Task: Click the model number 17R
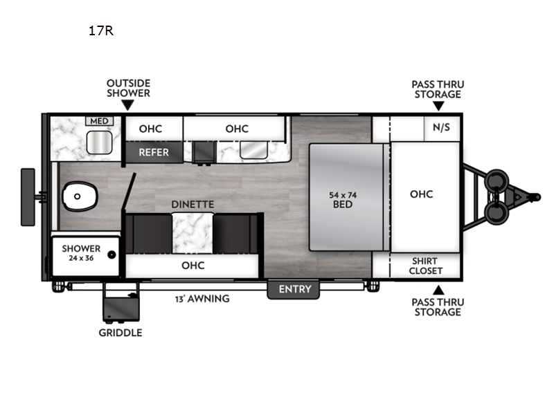[x=101, y=31]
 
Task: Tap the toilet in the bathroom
[x=80, y=196]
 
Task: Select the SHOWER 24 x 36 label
[x=81, y=253]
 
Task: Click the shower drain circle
[x=111, y=255]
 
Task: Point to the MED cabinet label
[x=99, y=121]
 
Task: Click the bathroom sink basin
[x=99, y=142]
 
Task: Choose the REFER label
[x=154, y=152]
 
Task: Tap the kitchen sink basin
[x=253, y=150]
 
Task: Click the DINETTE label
[x=193, y=204]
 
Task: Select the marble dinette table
[x=193, y=233]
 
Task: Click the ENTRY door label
[x=295, y=289]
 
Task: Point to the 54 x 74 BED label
[x=343, y=200]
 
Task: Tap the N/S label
[x=441, y=127]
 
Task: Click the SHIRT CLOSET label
[x=425, y=266]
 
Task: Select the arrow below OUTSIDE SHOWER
[x=127, y=105]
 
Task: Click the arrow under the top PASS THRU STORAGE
[x=438, y=106]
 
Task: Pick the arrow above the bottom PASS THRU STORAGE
[x=438, y=290]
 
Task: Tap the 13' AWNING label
[x=202, y=299]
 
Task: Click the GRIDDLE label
[x=120, y=333]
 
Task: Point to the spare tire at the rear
[x=28, y=197]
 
